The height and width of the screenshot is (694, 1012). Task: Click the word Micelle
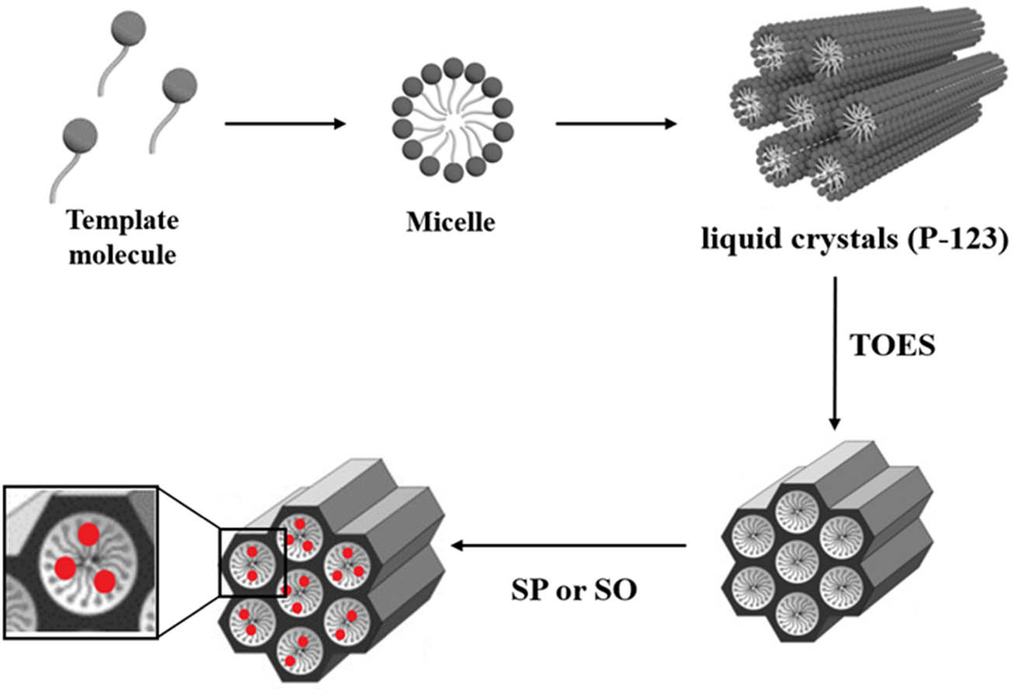tap(449, 223)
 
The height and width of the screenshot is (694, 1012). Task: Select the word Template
tap(123, 222)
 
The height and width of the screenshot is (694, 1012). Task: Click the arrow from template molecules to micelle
tap(284, 123)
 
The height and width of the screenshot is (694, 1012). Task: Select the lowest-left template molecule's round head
tap(81, 133)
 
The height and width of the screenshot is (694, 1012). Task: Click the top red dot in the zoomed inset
tap(88, 533)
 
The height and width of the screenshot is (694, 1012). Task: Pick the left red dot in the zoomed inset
tap(65, 568)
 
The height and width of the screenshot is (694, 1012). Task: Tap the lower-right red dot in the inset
tap(105, 581)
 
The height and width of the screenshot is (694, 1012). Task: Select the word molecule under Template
tap(123, 254)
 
